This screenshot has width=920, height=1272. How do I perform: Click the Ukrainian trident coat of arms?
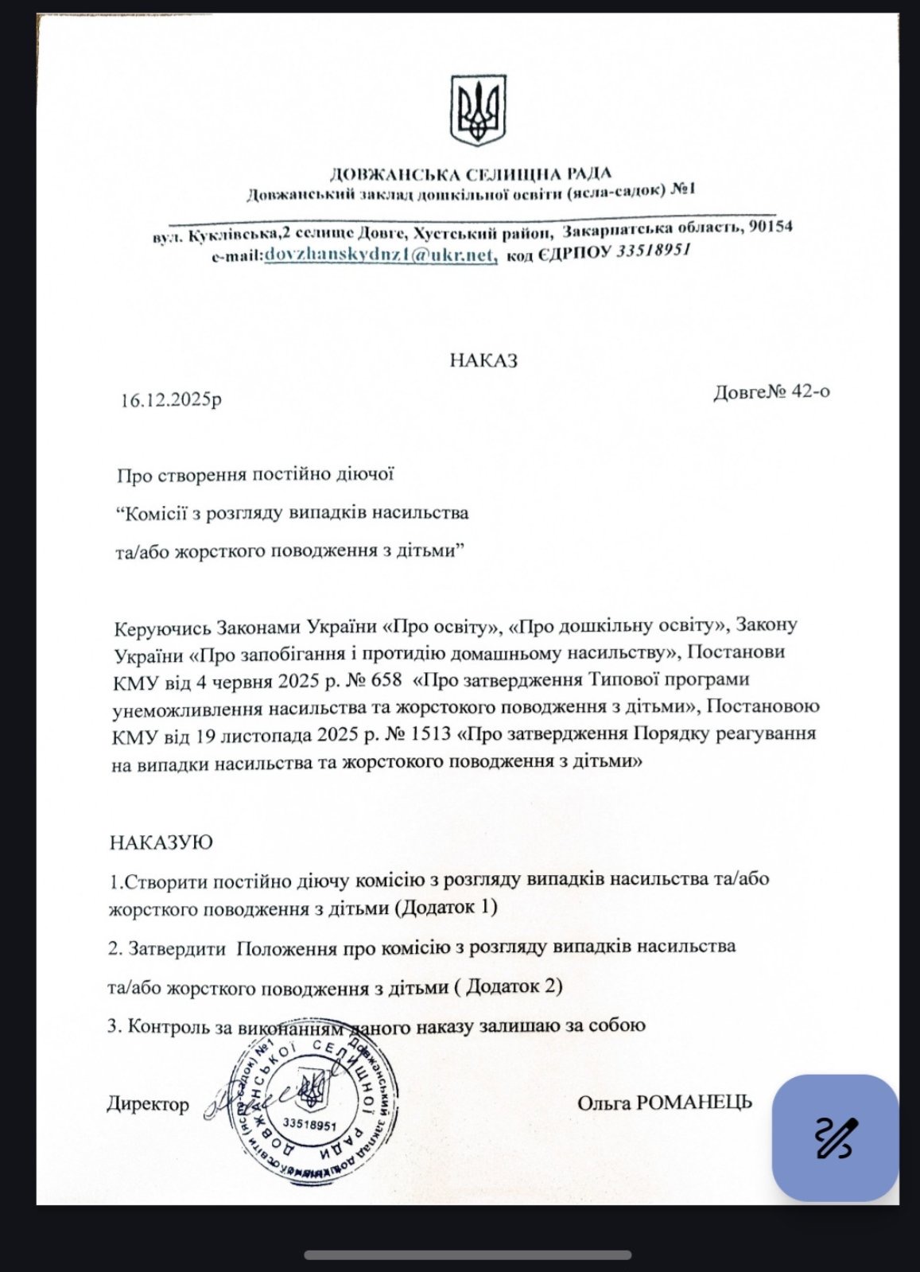click(x=478, y=111)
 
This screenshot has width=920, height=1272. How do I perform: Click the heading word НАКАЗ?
click(x=483, y=360)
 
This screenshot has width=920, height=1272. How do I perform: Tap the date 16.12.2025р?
click(x=171, y=400)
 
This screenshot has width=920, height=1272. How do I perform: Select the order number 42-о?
click(x=811, y=391)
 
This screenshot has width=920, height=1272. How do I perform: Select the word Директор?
click(x=148, y=1104)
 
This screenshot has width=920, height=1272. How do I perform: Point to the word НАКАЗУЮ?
click(x=161, y=842)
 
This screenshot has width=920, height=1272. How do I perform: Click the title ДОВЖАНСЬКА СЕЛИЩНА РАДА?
click(x=470, y=174)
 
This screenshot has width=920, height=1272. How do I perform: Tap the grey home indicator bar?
click(x=468, y=1254)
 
